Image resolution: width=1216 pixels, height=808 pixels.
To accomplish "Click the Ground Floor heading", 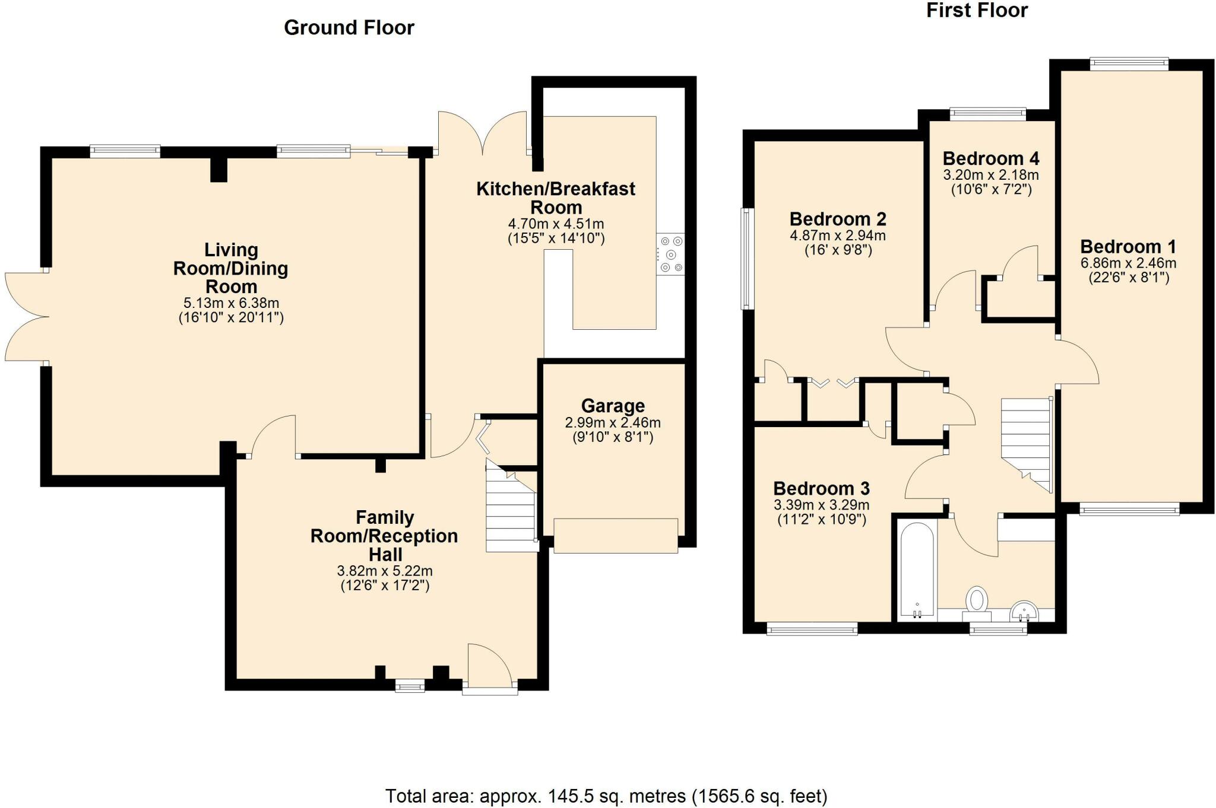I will coord(349,28).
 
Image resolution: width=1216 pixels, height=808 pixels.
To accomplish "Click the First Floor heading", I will coord(977,10).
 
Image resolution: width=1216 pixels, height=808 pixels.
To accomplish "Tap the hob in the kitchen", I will coord(670,255).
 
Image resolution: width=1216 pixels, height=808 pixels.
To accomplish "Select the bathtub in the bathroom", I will coord(917,570).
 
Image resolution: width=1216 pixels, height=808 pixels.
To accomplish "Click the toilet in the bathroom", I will coord(976,600).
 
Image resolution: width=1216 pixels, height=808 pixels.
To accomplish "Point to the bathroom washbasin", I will coord(1024,610).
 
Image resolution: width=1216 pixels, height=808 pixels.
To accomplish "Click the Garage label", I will coord(613,406).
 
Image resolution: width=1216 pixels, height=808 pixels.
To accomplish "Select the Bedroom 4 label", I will coord(990,158).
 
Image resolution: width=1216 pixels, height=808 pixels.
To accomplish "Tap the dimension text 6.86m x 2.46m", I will coord(1128,263).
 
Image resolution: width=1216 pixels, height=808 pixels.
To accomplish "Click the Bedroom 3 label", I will coord(821,488).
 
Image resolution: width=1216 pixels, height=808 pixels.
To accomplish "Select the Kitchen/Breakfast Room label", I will coord(556,198).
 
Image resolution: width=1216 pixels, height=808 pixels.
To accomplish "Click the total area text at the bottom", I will coord(606,796).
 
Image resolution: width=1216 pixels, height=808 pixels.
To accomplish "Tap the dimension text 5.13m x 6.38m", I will coord(231,303).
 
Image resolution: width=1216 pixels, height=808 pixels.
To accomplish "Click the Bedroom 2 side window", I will coord(748,259).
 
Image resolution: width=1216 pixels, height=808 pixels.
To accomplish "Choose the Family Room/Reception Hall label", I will coord(384,536).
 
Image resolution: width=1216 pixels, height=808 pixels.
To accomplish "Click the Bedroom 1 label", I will coord(1128,246).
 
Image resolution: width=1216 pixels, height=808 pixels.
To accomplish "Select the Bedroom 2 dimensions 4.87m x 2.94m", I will coord(838,236).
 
